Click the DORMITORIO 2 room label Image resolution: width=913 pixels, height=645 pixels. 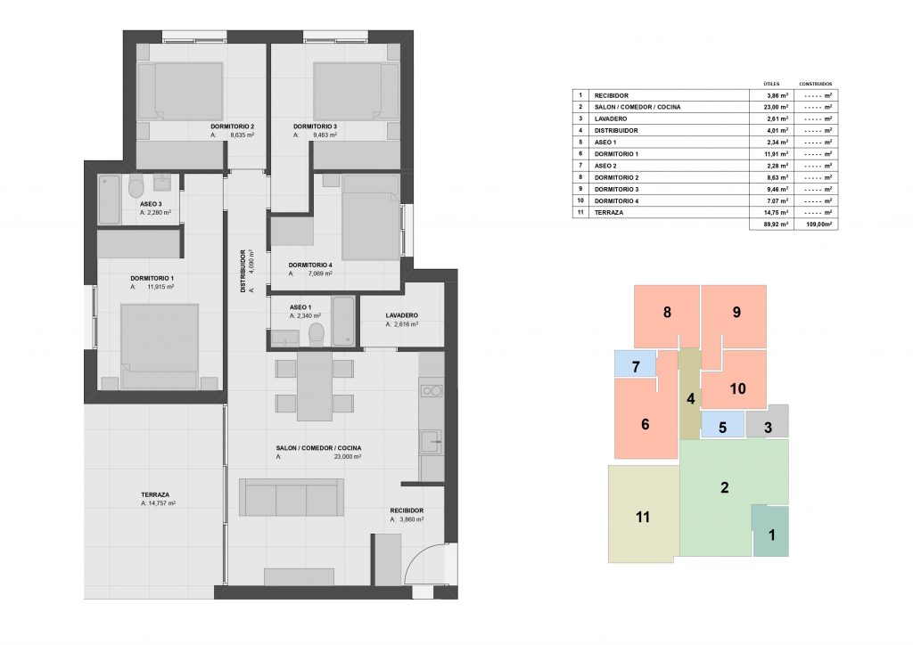[x=233, y=127]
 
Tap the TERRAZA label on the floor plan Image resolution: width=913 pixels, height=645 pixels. [x=155, y=494]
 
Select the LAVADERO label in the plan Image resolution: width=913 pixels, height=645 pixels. [x=402, y=315]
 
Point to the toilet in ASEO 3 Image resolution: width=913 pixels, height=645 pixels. [x=136, y=186]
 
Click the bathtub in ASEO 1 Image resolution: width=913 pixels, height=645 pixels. [x=343, y=321]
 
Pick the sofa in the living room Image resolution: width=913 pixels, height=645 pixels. [x=292, y=497]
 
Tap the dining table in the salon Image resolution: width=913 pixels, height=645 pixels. [x=315, y=386]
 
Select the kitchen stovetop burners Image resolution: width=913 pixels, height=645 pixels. [x=432, y=391]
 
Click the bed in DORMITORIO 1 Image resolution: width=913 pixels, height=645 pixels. [x=160, y=346]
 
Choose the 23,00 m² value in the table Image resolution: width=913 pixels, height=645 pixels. [x=777, y=107]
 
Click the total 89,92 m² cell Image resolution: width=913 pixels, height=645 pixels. [x=777, y=224]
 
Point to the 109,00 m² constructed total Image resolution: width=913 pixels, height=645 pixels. [x=818, y=224]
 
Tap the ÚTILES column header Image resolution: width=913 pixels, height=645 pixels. [x=771, y=84]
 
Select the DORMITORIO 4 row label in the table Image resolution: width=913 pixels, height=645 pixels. [x=616, y=200]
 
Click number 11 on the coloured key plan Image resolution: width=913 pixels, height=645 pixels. [x=642, y=517]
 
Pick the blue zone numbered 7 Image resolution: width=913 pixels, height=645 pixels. [x=635, y=363]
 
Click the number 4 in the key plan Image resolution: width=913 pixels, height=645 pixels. [x=691, y=398]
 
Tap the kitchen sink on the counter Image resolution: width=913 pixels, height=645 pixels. [x=432, y=442]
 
